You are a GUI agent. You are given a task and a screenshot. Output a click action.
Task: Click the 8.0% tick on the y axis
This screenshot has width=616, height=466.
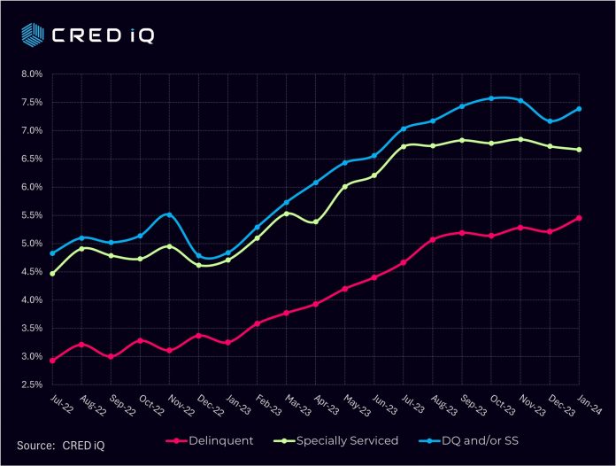coord(31,74)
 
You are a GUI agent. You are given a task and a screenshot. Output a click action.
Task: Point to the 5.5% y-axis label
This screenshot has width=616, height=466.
coord(31,215)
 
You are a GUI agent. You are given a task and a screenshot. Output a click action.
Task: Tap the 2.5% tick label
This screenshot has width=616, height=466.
coord(31,384)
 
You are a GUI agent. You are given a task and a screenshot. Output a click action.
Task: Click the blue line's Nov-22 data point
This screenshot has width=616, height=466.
coord(170,214)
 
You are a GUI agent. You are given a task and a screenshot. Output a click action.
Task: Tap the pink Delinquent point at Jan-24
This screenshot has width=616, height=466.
coord(579,218)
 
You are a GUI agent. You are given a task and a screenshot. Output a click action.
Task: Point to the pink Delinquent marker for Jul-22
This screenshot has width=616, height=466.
coord(52,361)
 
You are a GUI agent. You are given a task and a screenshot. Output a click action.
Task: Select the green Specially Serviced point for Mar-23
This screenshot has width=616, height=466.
coord(287,214)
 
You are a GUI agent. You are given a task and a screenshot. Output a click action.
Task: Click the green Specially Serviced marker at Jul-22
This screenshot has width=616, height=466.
coord(52,274)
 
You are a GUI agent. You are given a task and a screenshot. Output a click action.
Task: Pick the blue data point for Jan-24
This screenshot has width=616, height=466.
coord(579,109)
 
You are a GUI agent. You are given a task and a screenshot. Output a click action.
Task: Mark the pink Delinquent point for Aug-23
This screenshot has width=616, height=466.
coord(433,239)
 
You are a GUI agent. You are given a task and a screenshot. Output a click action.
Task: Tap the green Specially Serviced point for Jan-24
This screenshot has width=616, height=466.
coord(579,150)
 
